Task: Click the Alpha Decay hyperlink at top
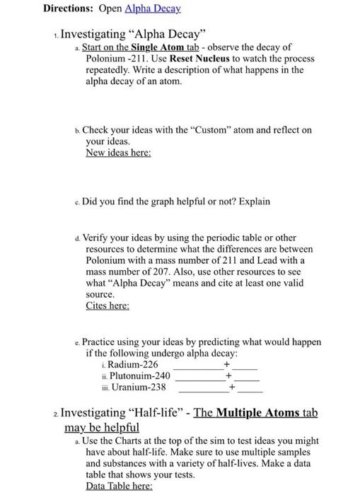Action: click(152, 8)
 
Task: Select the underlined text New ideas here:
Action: click(118, 152)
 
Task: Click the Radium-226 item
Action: click(132, 364)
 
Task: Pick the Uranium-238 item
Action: click(134, 387)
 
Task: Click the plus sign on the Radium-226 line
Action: click(226, 364)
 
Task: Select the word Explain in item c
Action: click(252, 202)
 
